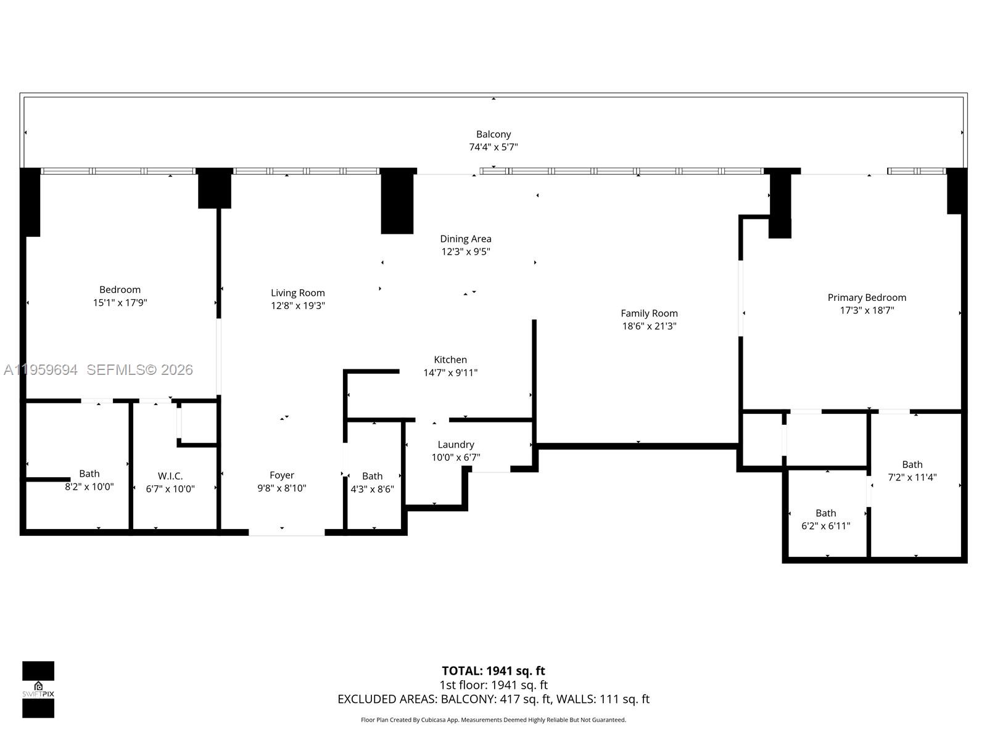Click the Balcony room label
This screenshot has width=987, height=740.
(493, 134)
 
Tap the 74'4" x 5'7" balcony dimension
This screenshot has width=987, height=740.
(493, 147)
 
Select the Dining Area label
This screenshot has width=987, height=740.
(466, 239)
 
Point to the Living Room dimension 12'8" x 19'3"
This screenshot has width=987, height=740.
(298, 306)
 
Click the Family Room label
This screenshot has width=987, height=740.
(649, 313)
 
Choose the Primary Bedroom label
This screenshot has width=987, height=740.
(867, 297)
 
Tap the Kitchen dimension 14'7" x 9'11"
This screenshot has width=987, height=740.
(450, 372)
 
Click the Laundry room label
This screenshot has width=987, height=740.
(456, 445)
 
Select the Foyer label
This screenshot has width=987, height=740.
(282, 475)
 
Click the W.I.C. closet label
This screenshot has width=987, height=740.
(170, 476)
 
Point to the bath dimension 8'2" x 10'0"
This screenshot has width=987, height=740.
(89, 487)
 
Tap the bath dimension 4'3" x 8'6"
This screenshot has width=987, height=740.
(372, 489)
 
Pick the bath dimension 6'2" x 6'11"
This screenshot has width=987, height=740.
(825, 526)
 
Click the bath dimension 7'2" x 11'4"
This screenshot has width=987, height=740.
(912, 477)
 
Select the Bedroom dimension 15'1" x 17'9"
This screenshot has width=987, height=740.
(120, 303)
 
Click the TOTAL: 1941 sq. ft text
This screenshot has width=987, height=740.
(493, 671)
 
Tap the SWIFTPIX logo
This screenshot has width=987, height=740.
(38, 689)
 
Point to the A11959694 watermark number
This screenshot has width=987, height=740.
(41, 370)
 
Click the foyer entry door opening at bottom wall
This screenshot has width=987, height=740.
(287, 532)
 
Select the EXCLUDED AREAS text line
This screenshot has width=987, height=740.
(493, 699)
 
